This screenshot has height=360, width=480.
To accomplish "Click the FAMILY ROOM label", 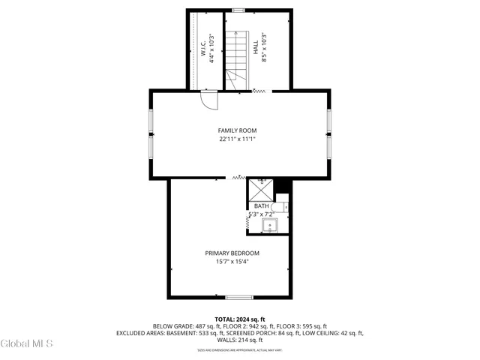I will [237, 130].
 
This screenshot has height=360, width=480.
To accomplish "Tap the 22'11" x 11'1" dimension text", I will [237, 139].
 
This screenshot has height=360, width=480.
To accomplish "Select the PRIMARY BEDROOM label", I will [232, 253].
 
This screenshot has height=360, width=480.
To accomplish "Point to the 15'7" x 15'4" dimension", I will [232, 262].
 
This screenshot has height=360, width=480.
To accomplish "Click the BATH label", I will [261, 206].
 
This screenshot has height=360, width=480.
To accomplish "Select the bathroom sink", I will [269, 225].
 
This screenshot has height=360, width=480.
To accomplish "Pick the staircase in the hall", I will [238, 58].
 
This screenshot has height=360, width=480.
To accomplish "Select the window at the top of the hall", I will [238, 10].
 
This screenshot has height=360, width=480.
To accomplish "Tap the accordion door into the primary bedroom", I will [238, 178].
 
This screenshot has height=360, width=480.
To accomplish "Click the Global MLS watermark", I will [27, 343].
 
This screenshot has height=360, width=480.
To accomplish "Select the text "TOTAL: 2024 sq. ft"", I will [238, 319].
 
